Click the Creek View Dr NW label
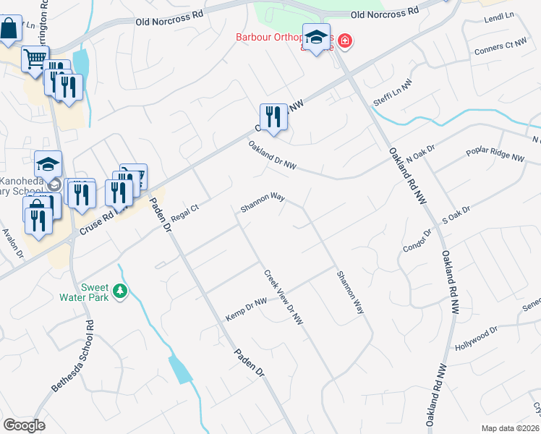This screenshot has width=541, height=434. tap(283, 297)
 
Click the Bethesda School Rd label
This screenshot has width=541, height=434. tap(72, 357)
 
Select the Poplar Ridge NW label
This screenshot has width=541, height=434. tap(495, 156)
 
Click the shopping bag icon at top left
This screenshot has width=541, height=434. tap(10, 30)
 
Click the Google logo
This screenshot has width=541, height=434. tap(24, 425)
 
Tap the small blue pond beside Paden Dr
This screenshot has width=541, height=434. tap(181, 369)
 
